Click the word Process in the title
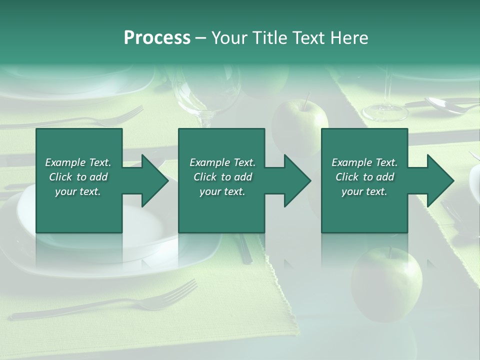157,38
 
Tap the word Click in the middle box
204,177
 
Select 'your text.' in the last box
364,191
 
